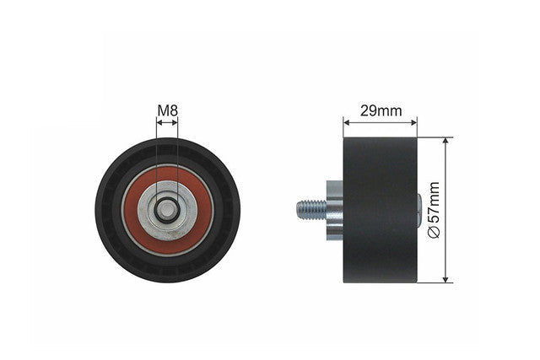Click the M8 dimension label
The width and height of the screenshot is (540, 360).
[167, 110]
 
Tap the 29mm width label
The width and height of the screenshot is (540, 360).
[381, 110]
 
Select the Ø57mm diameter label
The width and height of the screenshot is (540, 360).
[434, 210]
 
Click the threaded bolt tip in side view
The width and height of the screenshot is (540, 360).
[298, 210]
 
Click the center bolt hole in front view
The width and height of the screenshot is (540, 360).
[167, 210]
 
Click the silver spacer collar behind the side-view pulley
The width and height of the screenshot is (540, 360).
[335, 211]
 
